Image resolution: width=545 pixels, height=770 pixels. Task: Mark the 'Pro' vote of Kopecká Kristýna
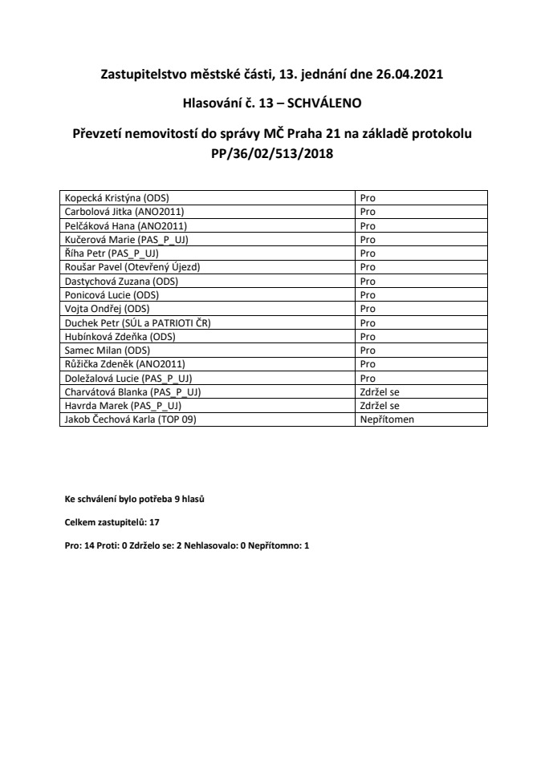(x=368, y=197)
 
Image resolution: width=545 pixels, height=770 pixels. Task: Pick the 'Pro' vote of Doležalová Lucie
(x=368, y=378)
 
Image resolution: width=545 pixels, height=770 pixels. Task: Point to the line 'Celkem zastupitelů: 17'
(x=112, y=522)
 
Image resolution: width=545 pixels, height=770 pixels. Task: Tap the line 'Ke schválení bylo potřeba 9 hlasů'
(x=135, y=499)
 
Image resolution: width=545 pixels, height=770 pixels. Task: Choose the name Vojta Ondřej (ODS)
(x=107, y=308)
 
